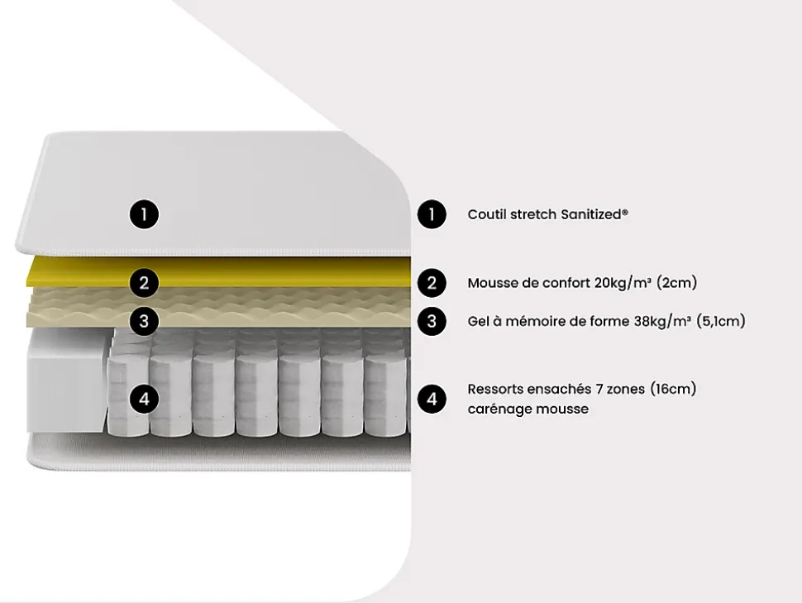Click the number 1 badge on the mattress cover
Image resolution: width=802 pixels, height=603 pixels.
pos(144,214)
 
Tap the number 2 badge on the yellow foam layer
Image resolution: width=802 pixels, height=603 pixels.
pos(144,283)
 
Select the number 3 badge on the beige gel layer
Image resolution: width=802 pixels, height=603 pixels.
pos(144,321)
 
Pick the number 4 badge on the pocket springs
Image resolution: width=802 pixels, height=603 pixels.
pos(144,399)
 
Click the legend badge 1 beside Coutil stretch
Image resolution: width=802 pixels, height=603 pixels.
pos(432,214)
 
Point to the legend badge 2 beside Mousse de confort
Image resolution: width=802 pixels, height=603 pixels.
pos(432,283)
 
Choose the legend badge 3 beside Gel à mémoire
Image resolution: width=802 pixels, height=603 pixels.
pos(432,321)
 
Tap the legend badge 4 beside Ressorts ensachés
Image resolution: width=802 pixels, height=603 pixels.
pos(432,399)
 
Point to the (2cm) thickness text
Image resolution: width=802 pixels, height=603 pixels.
pos(676,283)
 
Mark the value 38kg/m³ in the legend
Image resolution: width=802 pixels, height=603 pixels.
pos(662,322)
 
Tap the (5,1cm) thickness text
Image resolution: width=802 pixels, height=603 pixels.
pos(721,322)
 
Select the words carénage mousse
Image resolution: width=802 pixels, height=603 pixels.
pos(528,409)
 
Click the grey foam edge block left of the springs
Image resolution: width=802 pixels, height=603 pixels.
pos(66,380)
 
